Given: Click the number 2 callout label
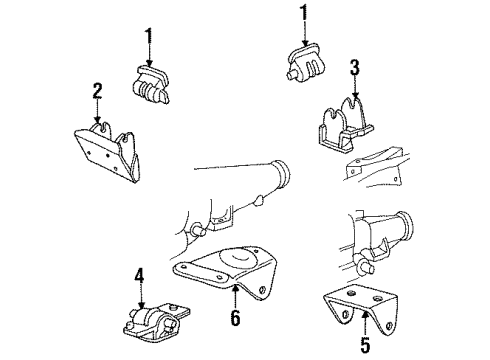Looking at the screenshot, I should (97, 93).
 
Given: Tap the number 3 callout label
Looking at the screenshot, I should (354, 69).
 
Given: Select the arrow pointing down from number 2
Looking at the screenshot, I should (98, 114).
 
